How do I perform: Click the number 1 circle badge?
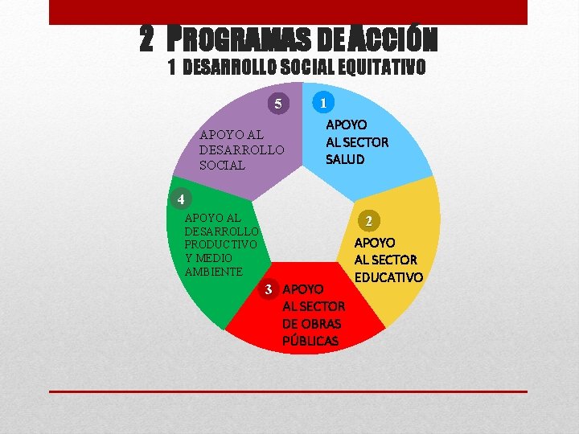coord(322,103)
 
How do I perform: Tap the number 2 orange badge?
coord(368,220)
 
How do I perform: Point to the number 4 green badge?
coord(182,199)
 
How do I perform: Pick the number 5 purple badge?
coord(278,104)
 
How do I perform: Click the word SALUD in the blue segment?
coord(345,159)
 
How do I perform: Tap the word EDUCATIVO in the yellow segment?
coord(388,277)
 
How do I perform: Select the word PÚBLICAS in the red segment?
coord(310,341)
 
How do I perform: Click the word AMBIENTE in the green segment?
coord(213,272)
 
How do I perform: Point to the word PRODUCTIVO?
coord(220,244)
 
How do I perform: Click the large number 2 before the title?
coord(146,37)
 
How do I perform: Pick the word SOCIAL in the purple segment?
coord(222,165)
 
